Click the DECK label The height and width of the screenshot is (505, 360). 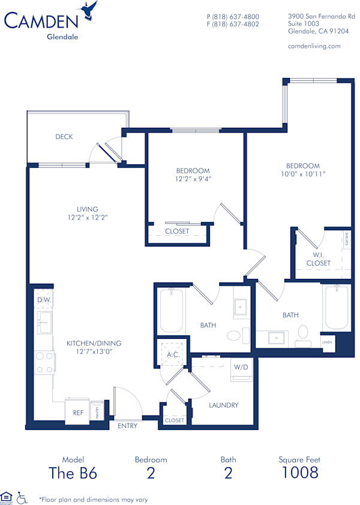tap(64, 137)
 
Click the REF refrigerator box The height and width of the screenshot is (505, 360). tap(78, 413)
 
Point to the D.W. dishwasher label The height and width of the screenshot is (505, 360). tap(43, 299)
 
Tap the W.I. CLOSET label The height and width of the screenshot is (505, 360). tap(318, 258)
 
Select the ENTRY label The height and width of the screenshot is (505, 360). tap(127, 426)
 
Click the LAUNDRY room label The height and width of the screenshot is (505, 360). tap(223, 405)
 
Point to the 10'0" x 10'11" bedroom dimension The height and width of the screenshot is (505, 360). tap(302, 174)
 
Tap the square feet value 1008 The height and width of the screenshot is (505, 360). tap(299, 472)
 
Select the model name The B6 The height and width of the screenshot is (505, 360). tap(73, 473)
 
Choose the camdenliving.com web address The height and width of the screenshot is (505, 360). tap(314, 46)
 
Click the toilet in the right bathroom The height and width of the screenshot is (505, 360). tap(303, 332)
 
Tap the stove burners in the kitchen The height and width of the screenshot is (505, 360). tap(44, 360)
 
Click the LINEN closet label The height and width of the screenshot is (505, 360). tap(327, 342)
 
